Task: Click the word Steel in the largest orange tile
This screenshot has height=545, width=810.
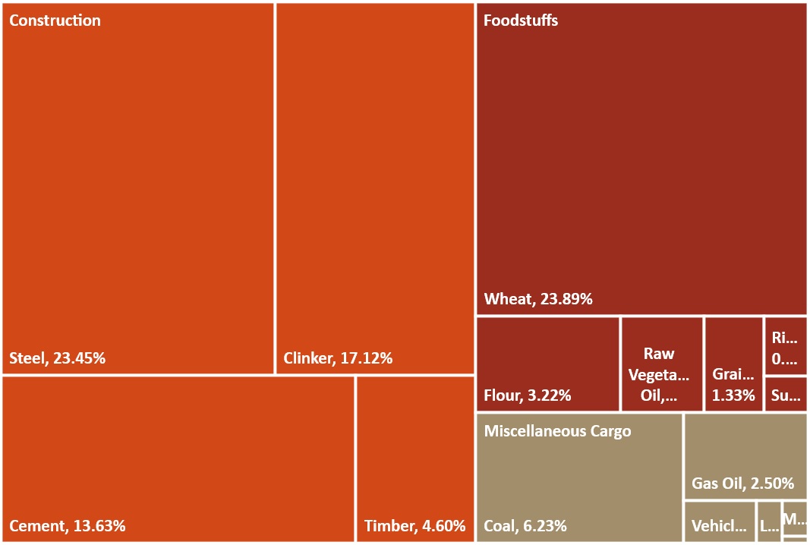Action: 27,358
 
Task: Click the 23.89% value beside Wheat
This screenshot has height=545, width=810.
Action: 566,299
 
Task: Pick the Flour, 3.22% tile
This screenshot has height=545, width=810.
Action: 547,364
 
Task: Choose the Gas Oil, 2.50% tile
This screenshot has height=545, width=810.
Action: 745,456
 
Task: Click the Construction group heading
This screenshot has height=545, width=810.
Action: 55,20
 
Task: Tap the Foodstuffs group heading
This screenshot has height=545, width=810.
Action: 521,20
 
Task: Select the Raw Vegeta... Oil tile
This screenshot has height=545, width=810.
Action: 661,364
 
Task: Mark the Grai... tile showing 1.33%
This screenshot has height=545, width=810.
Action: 733,364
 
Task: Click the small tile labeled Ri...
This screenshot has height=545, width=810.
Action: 785,346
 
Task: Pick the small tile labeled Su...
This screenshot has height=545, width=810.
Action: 785,395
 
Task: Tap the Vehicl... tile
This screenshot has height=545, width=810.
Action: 719,521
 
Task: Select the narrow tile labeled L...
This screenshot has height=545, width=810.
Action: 768,521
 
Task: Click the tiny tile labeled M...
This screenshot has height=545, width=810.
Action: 794,518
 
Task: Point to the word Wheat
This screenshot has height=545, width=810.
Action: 509,299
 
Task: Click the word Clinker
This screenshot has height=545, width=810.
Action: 307,358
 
